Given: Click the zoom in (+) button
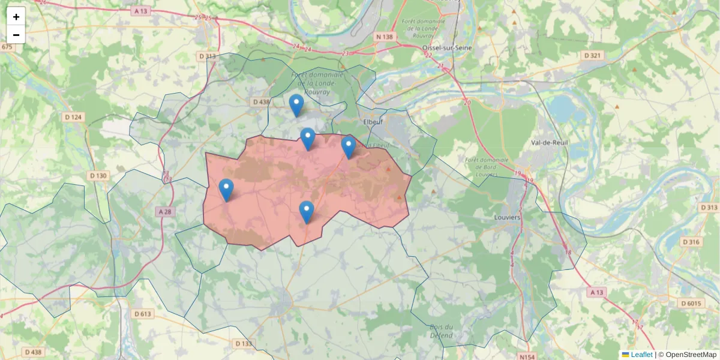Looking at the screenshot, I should [16, 17].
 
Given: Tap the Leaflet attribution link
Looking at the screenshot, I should [641, 355].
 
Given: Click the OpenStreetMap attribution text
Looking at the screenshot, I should [691, 355].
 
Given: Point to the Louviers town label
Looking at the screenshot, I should [506, 217].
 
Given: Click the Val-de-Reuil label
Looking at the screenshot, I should [550, 142].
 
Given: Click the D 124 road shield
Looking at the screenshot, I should [73, 116].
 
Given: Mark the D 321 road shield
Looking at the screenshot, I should [592, 55].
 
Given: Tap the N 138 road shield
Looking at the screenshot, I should [384, 37].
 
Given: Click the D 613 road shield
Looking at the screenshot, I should [143, 314].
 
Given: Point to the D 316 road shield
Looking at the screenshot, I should [691, 242].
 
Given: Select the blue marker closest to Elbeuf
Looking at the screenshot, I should [348, 146].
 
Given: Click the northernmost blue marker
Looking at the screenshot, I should [296, 105].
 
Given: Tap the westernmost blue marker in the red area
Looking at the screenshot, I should [226, 190].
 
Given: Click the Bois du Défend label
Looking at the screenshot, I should [441, 331].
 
